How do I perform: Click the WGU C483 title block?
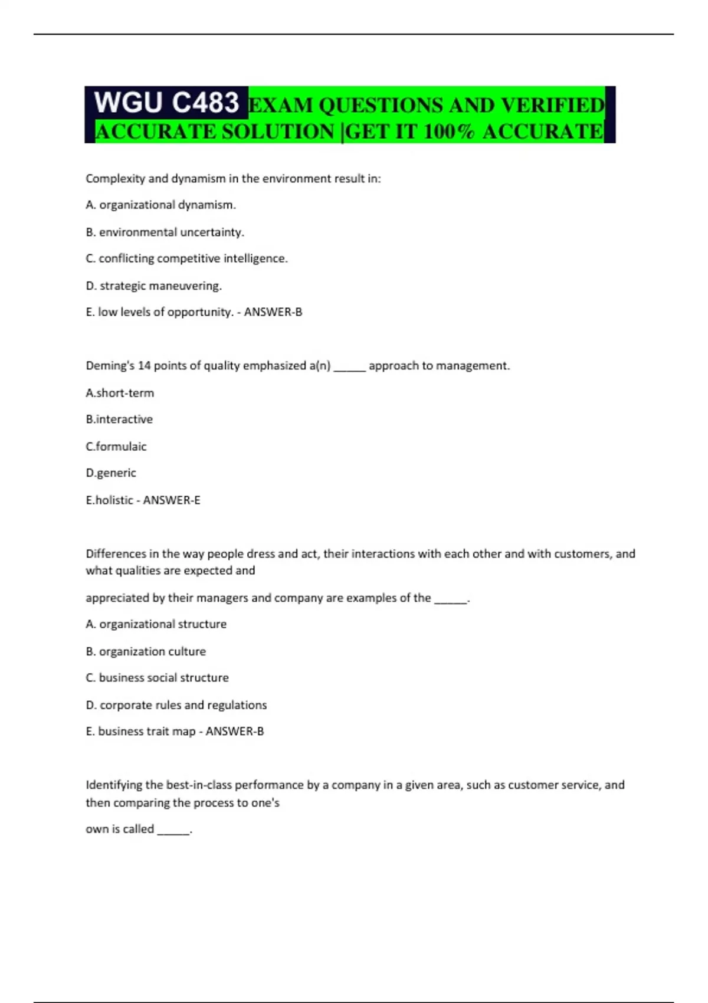pyautogui.click(x=166, y=103)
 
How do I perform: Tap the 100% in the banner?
pyautogui.click(x=448, y=132)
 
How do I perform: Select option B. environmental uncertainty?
pyautogui.click(x=165, y=232)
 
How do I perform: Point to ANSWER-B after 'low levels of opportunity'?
pyautogui.click(x=273, y=312)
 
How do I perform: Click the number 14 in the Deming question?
pyautogui.click(x=145, y=366)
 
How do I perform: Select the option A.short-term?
pyautogui.click(x=120, y=393)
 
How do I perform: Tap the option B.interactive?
pyautogui.click(x=119, y=419)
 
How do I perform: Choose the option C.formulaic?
pyautogui.click(x=116, y=447)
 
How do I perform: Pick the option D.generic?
pyautogui.click(x=111, y=473)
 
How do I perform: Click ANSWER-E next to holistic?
pyautogui.click(x=172, y=500)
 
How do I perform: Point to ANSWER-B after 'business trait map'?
pyautogui.click(x=235, y=732)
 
